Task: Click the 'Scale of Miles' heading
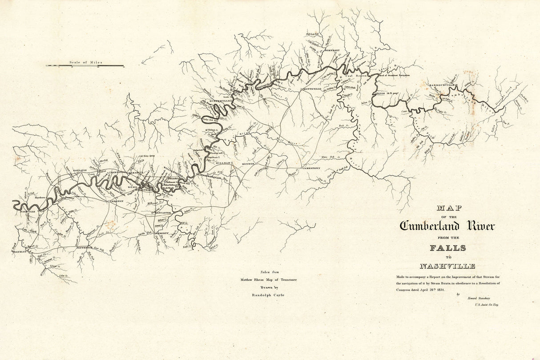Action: pos(85,62)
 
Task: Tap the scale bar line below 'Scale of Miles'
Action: pos(85,66)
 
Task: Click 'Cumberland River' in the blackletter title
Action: pos(447,226)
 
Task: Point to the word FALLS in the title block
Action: pos(447,248)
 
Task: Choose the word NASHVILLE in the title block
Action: pos(447,266)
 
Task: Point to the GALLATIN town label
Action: pos(79,170)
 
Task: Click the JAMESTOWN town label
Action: pos(311,169)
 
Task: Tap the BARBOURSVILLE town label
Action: pos(442,85)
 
